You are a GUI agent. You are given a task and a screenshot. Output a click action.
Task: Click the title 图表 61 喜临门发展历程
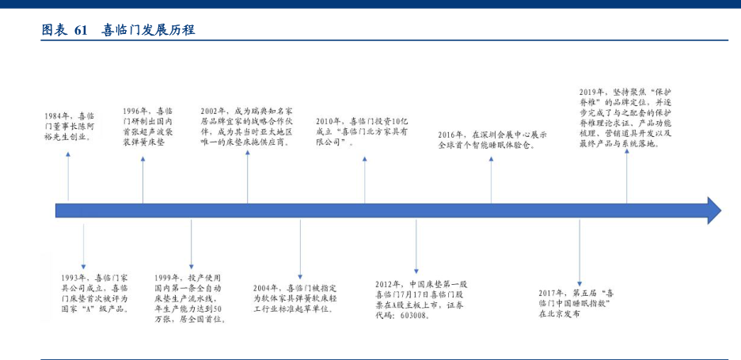119,30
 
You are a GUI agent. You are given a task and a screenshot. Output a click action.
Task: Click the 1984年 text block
69,126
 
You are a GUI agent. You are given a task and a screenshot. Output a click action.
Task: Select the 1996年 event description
151,127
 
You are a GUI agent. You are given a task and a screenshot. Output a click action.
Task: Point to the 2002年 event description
246,127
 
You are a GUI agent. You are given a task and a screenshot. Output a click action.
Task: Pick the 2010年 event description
361,126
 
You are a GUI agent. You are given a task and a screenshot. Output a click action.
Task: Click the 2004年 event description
298,298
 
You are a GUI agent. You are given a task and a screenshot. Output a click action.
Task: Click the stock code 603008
410,315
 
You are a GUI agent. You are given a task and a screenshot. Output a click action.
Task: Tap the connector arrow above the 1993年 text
84,245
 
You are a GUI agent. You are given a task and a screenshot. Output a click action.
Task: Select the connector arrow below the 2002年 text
248,176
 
